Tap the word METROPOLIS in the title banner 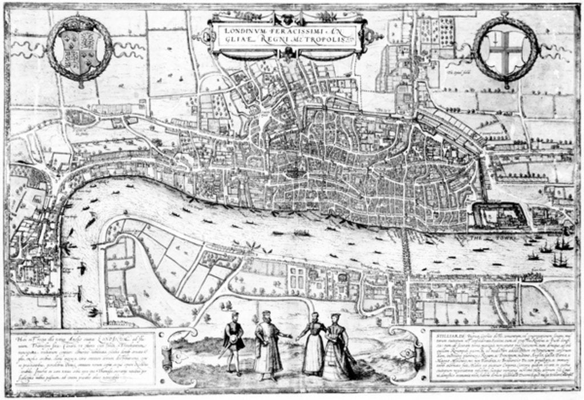point(324,45)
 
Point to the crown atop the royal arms point(79,27)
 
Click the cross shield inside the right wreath point(505,51)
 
